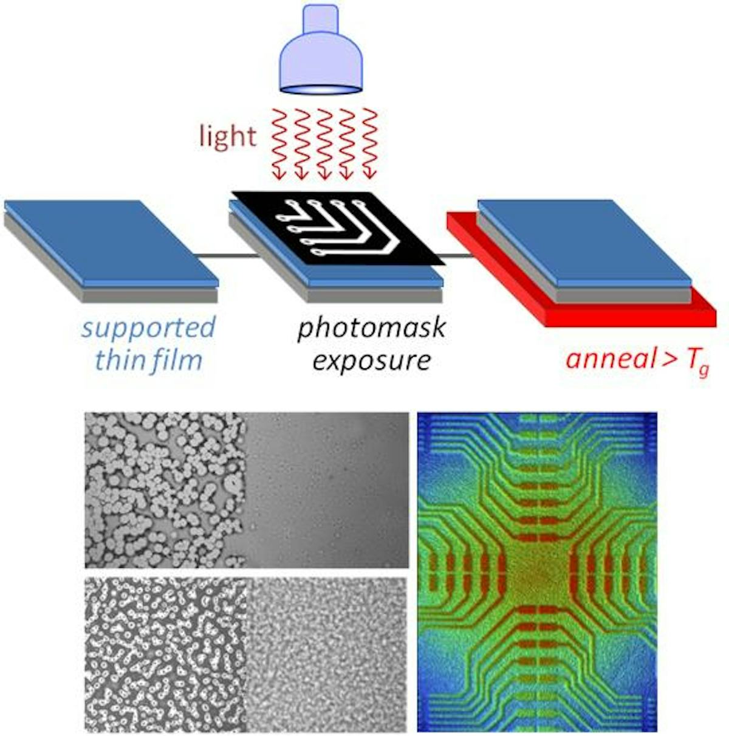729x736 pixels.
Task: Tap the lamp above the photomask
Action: pos(320,49)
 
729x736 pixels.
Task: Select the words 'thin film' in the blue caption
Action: pos(149,360)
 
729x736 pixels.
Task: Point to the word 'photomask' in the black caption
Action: pos(371,328)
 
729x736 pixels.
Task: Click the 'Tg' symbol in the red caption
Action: pos(696,362)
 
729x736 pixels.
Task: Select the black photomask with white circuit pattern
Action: pos(338,228)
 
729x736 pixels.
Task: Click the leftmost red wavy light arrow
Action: pos(279,145)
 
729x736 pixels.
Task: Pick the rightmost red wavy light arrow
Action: pos(369,145)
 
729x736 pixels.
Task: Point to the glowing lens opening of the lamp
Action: pos(320,89)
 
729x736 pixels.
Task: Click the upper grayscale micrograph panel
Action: pos(246,490)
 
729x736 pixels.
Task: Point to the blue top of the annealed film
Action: pos(584,242)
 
